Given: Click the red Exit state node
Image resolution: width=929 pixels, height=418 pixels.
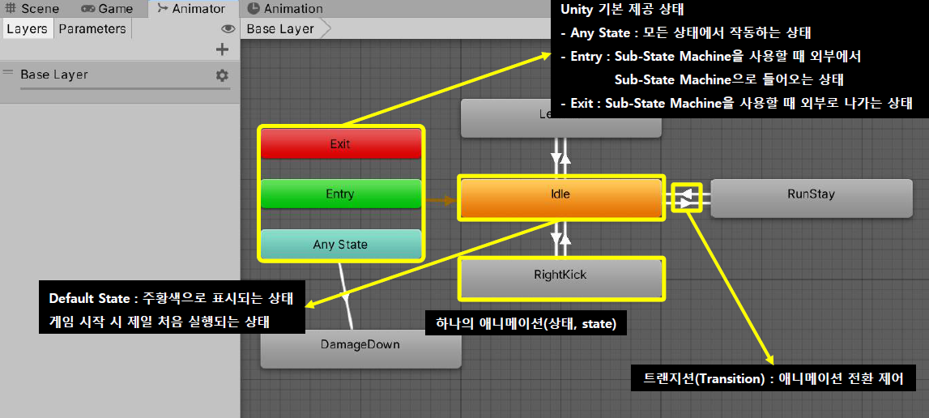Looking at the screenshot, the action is tap(340, 144).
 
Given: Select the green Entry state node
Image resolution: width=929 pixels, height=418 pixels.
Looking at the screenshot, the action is tap(340, 194).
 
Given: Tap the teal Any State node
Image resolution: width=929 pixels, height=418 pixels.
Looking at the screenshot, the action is tap(340, 245).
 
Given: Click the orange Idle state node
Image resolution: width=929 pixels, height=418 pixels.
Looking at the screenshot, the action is tap(560, 194).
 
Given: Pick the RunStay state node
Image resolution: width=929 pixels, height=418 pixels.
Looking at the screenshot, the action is tap(811, 194).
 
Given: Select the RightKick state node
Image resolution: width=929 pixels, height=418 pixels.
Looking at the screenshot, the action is tap(560, 275).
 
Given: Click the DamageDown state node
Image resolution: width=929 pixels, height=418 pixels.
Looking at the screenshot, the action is tap(360, 345).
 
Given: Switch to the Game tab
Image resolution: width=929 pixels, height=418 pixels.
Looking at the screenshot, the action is tap(108, 9).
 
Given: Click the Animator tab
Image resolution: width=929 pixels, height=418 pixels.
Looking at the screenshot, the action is tap(192, 9).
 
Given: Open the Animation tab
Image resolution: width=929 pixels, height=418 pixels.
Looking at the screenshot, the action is tap(284, 9).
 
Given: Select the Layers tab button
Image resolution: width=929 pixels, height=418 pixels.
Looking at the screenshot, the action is tap(27, 29).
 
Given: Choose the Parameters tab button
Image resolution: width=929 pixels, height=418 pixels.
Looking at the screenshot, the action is tap(92, 29).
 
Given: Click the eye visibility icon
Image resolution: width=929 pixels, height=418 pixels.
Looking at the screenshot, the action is tap(228, 29).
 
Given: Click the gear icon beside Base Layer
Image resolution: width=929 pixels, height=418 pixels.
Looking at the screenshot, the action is tap(222, 75).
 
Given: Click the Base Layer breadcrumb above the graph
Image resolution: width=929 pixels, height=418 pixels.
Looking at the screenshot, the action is tap(280, 29).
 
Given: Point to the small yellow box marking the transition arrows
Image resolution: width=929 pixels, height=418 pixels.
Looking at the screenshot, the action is tap(686, 197).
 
